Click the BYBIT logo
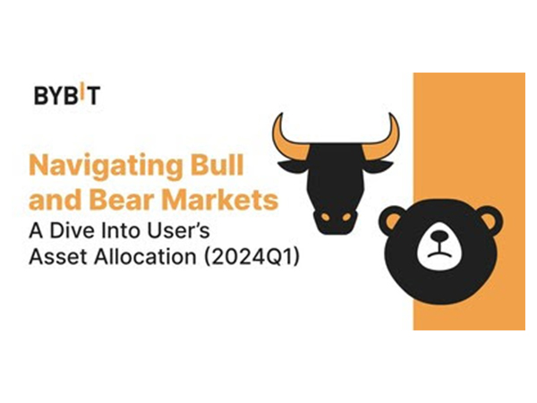(67, 95)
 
